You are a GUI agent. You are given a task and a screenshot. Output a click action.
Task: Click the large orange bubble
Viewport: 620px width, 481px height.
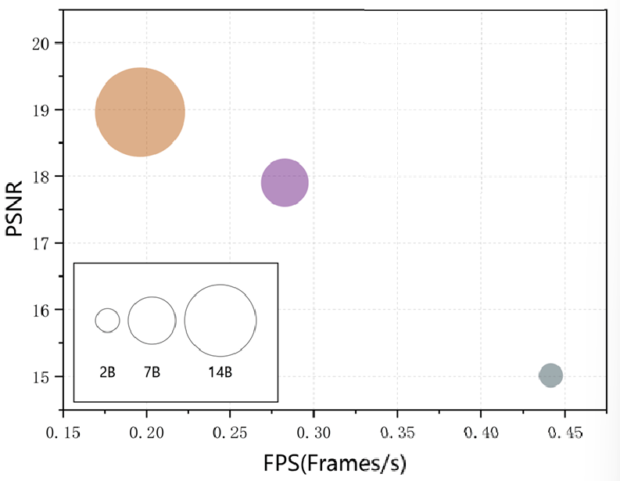140,112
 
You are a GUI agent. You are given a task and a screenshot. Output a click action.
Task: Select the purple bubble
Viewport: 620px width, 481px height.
285,183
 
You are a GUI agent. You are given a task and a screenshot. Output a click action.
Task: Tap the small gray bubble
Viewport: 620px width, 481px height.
550,375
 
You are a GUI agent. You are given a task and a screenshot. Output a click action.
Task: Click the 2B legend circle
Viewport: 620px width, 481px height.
108,319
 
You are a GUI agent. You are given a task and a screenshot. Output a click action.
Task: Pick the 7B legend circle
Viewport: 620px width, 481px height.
152,320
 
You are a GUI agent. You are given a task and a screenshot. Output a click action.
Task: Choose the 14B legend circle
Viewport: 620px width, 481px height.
220,320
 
